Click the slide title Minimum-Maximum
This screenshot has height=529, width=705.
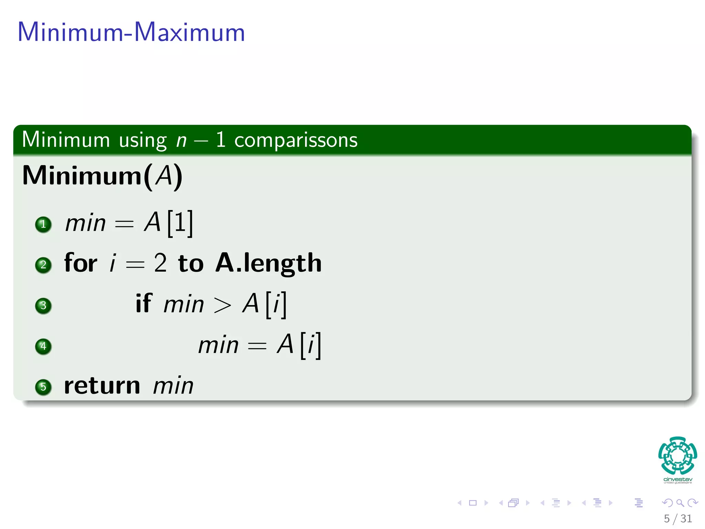point(131,32)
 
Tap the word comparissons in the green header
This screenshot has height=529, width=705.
point(296,140)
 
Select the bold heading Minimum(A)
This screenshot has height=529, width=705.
point(102,176)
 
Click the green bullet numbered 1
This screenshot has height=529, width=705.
point(43,225)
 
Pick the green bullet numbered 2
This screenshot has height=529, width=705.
point(43,265)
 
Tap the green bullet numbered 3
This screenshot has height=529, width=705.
point(43,305)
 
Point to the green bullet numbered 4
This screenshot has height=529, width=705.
point(43,346)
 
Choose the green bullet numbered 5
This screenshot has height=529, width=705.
point(43,387)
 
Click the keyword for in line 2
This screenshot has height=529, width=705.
point(81,263)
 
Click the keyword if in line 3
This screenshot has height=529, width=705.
point(144,303)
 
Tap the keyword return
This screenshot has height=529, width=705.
point(102,386)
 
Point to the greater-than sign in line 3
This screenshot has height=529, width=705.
point(222,305)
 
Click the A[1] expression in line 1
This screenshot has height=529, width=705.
point(169,223)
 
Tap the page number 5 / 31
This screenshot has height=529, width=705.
point(677,518)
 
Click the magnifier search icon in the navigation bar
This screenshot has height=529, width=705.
point(680,503)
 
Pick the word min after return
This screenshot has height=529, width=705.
point(173,386)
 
